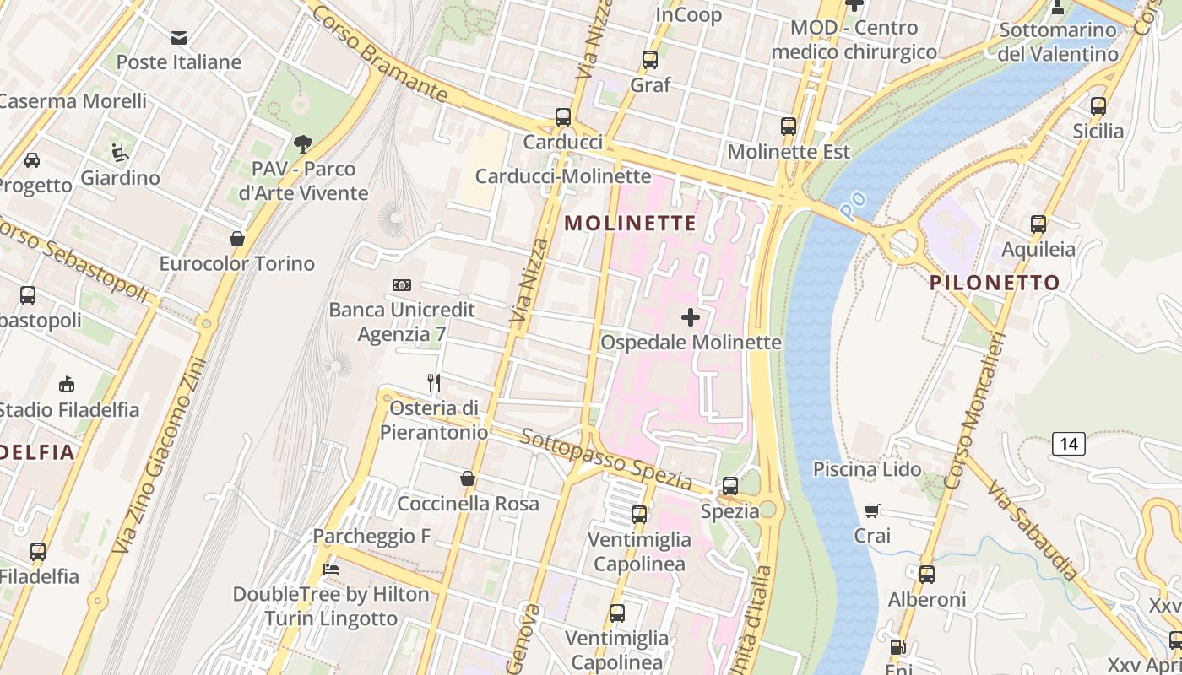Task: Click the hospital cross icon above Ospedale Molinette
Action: click(x=691, y=317)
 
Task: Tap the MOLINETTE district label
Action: click(x=630, y=224)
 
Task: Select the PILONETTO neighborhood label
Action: click(x=995, y=283)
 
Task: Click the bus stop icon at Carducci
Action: click(x=563, y=117)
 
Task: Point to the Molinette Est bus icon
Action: click(x=789, y=127)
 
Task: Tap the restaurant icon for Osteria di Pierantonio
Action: click(x=434, y=383)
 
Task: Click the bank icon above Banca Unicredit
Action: click(x=402, y=285)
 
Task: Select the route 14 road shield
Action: click(x=1069, y=444)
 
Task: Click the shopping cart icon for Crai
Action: click(x=872, y=510)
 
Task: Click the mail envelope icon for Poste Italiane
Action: click(x=179, y=38)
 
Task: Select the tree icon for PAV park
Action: click(x=303, y=144)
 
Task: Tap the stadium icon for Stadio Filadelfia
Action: click(x=67, y=385)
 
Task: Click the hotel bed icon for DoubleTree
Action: click(x=331, y=570)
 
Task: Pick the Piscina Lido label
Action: click(x=867, y=469)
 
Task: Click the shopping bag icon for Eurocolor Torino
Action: click(x=237, y=239)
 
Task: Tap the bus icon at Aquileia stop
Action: click(x=1038, y=224)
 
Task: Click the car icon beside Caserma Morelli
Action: click(x=32, y=160)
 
